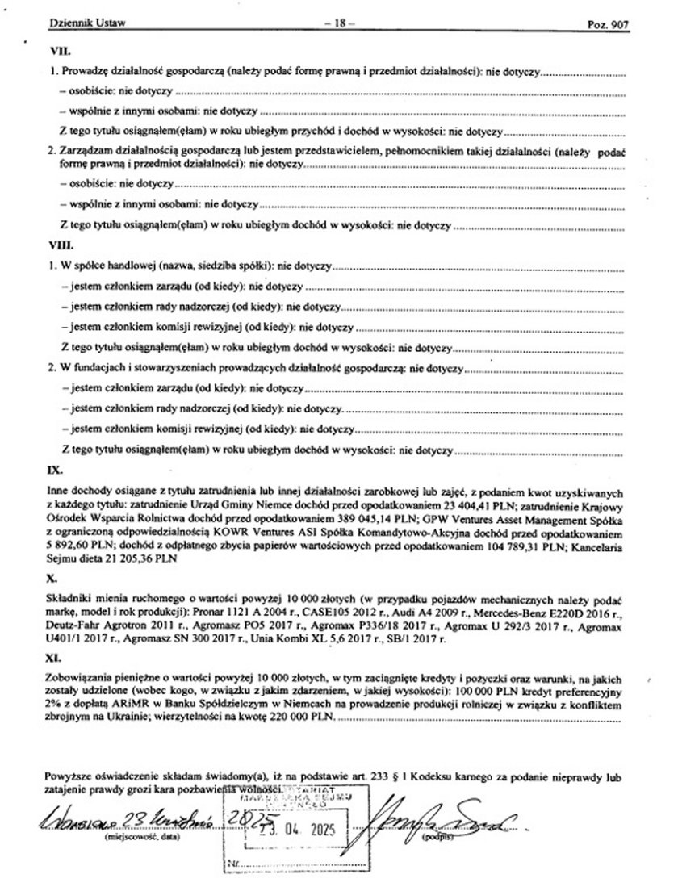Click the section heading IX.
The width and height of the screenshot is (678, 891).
(57, 468)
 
